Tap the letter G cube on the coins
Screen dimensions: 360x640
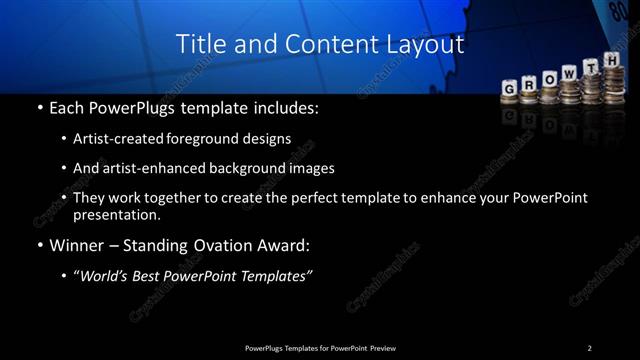point(509,88)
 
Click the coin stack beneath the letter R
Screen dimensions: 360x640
point(530,100)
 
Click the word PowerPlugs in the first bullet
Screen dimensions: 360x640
point(122,106)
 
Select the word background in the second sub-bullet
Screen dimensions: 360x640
point(252,168)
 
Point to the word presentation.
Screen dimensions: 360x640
point(117,214)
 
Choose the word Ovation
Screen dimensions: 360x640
point(209,244)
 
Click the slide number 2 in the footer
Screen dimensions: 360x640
point(589,347)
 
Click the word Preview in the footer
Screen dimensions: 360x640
point(389,347)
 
